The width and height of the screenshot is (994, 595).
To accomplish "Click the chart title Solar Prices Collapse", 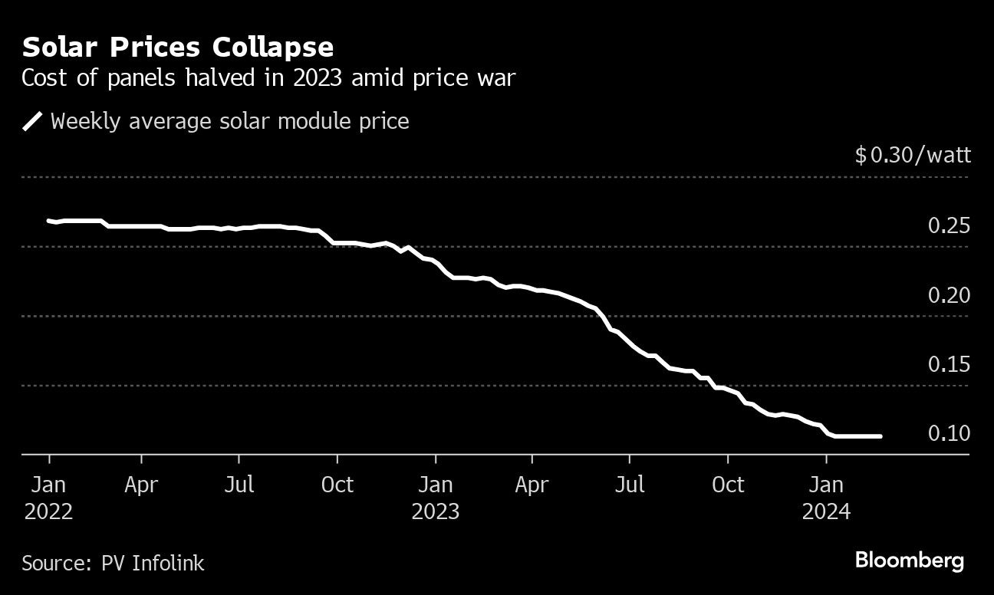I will [178, 48].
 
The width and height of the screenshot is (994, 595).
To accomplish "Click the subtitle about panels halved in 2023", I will [268, 78].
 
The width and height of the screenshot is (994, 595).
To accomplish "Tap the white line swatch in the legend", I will [33, 121].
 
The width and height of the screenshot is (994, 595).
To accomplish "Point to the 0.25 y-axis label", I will [949, 226].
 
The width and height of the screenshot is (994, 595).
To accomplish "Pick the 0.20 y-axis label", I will [949, 295].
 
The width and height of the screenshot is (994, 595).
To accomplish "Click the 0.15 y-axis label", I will [949, 364].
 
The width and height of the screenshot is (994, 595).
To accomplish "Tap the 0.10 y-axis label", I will [949, 433].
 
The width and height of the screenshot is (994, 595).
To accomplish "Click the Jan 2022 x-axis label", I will [49, 498].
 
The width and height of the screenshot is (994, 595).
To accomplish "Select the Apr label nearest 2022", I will [141, 485].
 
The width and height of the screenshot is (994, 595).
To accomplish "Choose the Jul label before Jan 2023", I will [239, 485].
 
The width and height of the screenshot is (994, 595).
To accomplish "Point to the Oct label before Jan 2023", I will [337, 485].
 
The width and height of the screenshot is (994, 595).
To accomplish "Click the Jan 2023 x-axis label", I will [436, 498].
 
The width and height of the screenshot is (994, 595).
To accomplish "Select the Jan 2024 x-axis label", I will [826, 498].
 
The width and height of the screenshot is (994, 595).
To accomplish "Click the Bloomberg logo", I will [909, 560].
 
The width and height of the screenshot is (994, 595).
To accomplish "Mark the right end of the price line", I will [880, 436].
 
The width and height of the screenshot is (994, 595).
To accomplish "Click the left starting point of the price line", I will [49, 221].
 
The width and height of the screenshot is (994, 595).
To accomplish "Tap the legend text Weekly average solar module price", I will [229, 121].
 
